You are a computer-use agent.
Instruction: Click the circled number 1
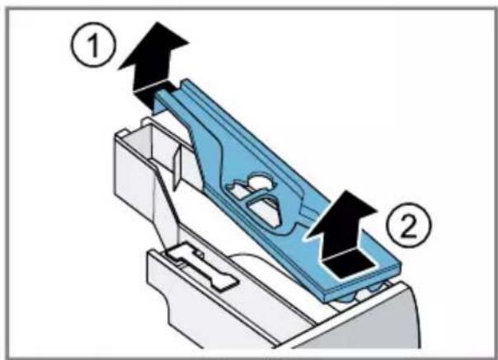pyautogui.click(x=92, y=45)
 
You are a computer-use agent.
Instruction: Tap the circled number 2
pyautogui.click(x=409, y=226)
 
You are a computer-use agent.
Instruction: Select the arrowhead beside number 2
pyautogui.click(x=343, y=215)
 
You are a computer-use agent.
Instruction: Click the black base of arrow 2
pyautogui.click(x=347, y=264)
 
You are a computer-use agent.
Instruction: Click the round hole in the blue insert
pyautogui.click(x=260, y=180)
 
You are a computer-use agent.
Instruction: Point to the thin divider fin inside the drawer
pyautogui.click(x=176, y=168)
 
